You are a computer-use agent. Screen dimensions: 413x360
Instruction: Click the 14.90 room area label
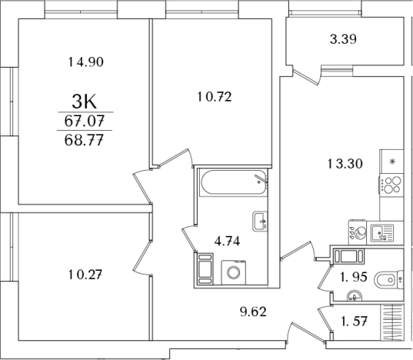[86, 62]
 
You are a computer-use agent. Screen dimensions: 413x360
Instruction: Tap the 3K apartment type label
[85, 102]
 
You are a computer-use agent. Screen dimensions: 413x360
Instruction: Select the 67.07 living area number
[85, 121]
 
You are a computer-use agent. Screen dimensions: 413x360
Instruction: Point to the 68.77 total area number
[84, 140]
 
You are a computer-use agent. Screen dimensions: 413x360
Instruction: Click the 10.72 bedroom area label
[215, 97]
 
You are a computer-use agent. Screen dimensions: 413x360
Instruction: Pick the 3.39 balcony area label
[344, 39]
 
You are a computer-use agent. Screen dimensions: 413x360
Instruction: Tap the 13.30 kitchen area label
[345, 164]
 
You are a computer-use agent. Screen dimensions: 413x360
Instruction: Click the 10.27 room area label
[85, 275]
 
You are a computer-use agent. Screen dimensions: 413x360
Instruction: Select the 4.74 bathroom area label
[227, 241]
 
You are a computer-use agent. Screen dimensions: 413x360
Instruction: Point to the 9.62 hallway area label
[253, 312]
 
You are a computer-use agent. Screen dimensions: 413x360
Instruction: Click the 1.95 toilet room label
[354, 277]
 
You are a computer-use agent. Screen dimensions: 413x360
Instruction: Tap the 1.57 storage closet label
[354, 322]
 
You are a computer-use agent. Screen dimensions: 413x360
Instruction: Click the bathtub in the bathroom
[234, 183]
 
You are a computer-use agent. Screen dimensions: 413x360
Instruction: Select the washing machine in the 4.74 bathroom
[234, 272]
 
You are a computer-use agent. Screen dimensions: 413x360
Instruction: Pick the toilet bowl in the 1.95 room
[388, 279]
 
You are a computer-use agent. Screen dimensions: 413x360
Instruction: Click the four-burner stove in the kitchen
[391, 185]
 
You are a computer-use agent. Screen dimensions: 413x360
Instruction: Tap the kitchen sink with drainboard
[382, 233]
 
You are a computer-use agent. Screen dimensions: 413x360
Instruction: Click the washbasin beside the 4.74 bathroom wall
[260, 222]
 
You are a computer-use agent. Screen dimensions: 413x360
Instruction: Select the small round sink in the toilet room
[355, 296]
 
